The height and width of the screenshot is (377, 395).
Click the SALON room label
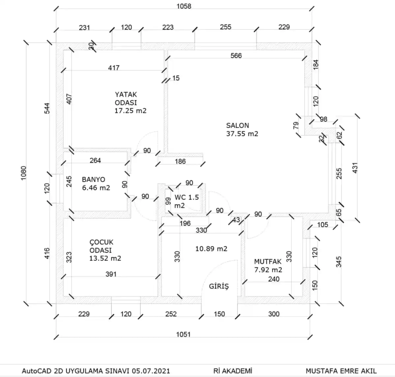coord(237,126)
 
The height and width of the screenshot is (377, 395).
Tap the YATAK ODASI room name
coord(126,99)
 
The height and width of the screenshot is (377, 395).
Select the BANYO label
coord(93,180)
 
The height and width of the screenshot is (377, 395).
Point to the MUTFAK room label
coord(268,262)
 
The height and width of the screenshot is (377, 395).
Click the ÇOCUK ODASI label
coord(101,246)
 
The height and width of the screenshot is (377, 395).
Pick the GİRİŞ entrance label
coord(219,286)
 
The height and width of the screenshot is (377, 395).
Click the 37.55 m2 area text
coord(242,134)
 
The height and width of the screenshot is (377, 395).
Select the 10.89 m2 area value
coord(211,249)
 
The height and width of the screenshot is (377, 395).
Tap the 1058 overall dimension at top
coord(184,6)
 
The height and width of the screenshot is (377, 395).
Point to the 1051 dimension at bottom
coord(183,334)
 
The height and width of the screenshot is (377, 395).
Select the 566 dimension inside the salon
coord(236,56)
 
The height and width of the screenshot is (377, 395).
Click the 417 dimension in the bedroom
coord(114,68)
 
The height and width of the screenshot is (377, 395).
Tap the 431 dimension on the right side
coord(355,167)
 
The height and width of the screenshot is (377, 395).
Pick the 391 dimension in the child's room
coord(111,274)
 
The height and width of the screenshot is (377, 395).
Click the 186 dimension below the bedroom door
coord(180,161)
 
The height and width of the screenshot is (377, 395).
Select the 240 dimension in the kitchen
coord(274,279)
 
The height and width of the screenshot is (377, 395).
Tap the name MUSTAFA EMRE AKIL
coord(341,371)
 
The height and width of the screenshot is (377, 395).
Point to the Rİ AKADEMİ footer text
coord(233,371)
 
